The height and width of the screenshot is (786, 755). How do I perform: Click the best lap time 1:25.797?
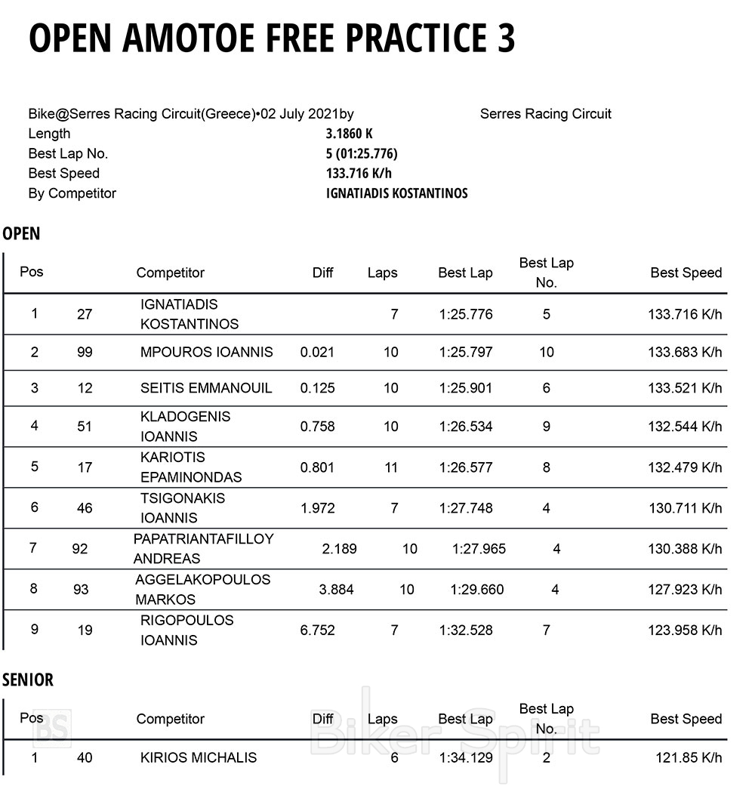click(x=465, y=352)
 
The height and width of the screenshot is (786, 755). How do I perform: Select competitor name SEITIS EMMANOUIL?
click(x=206, y=388)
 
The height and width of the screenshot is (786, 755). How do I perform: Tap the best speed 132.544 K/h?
click(x=685, y=427)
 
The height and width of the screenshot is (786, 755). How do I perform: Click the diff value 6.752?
click(x=317, y=630)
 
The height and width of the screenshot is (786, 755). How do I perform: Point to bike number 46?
click(x=85, y=508)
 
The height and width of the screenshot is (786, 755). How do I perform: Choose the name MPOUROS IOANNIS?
click(x=207, y=352)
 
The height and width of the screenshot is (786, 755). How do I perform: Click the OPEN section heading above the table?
click(x=21, y=233)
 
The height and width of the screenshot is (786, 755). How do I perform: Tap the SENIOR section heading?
click(x=28, y=680)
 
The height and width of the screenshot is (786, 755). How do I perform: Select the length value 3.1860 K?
click(x=349, y=134)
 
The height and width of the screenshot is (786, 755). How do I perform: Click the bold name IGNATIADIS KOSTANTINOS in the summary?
click(x=396, y=193)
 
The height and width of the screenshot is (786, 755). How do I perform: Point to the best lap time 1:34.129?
click(x=465, y=757)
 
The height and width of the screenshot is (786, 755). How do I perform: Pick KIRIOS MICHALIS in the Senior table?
click(x=199, y=757)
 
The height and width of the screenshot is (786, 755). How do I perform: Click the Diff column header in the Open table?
click(x=322, y=273)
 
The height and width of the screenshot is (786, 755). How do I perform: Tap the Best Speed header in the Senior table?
click(x=686, y=719)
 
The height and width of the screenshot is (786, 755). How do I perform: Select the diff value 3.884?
click(x=336, y=590)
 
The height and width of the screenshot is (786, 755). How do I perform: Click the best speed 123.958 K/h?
click(x=685, y=630)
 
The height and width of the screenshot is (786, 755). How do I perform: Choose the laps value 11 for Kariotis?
click(x=390, y=467)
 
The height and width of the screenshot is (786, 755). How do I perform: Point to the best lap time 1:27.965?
click(x=479, y=549)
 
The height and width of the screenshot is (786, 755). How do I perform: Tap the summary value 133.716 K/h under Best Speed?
click(x=359, y=174)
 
